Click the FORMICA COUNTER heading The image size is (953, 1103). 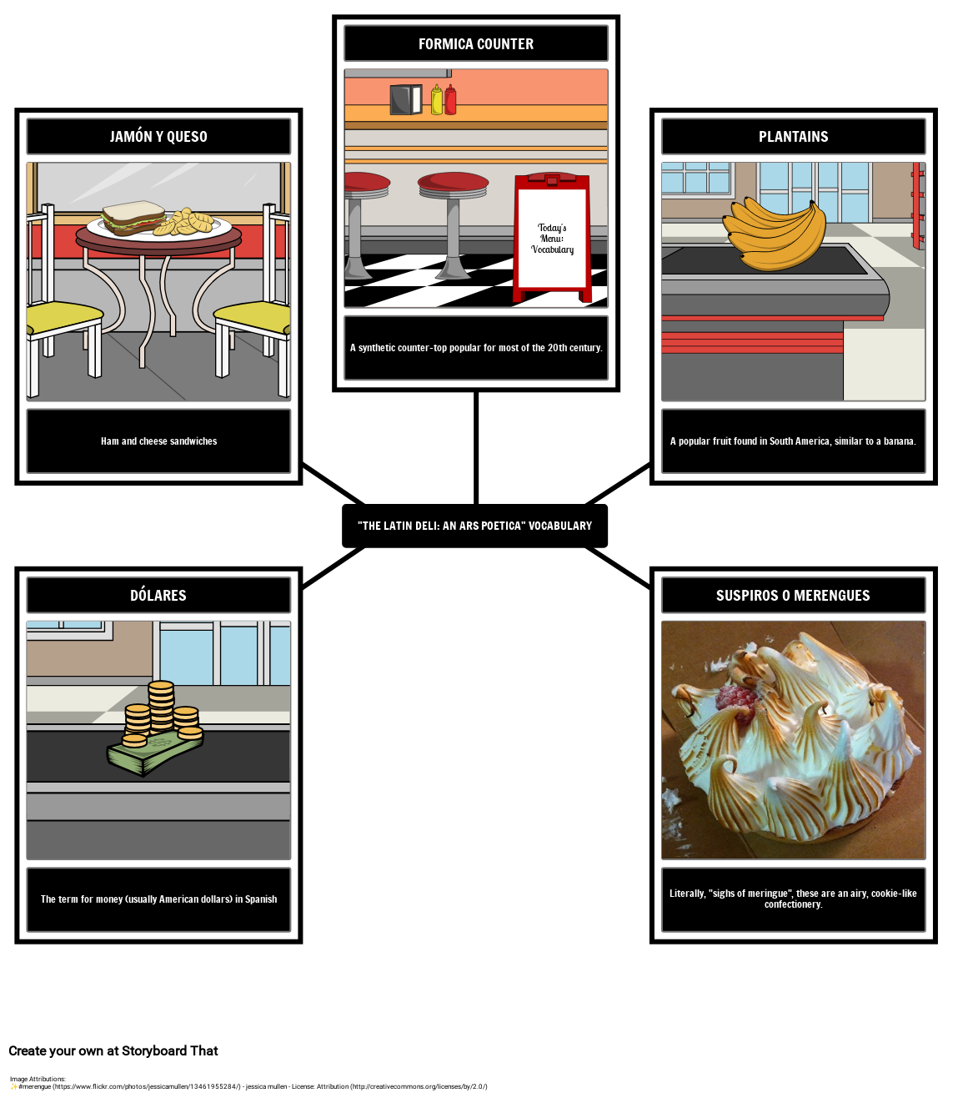476,43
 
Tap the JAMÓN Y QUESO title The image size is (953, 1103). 158,137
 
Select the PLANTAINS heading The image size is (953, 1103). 794,137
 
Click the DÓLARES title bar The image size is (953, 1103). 158,595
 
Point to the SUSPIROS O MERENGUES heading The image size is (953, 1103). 793,596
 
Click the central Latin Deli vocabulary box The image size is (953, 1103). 474,526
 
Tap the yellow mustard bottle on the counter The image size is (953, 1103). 437,100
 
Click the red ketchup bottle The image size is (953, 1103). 450,100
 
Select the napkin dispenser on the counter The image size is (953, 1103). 406,100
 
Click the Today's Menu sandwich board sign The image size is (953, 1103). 552,238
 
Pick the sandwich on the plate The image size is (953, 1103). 134,218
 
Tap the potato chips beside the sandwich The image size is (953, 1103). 184,222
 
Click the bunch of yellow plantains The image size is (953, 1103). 774,234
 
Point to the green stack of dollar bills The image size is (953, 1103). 154,753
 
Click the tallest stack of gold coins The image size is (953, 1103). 161,706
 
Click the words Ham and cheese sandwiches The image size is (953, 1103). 159,441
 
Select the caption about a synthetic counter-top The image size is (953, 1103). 476,348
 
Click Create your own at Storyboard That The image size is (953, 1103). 113,1050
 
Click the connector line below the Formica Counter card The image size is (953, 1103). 476,448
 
